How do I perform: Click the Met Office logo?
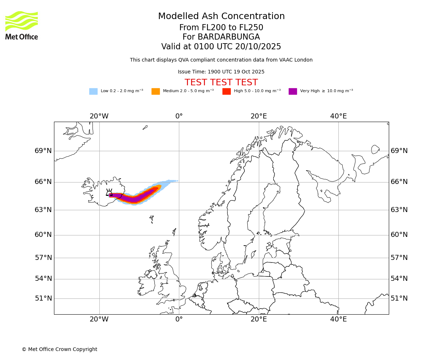coord(22,25)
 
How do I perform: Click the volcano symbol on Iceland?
coord(109,193)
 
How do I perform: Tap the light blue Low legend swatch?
coord(93,91)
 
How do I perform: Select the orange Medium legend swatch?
coord(156,91)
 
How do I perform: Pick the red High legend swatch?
coord(226,91)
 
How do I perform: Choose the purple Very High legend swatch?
coord(293,91)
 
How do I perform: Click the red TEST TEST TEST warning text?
coord(221,83)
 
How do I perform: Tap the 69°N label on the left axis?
coord(43,151)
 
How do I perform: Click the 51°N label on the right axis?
coord(399,298)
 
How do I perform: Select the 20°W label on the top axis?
coord(99,116)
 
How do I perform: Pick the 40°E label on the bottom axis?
coord(338,319)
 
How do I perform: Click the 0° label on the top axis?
coord(179,116)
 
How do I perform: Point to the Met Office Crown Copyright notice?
coord(59,350)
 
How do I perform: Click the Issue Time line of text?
coord(221,72)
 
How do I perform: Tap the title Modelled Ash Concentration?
coord(221,17)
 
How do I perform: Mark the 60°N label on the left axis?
coord(43,235)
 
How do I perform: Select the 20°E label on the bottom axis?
coord(258,319)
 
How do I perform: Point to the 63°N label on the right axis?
coord(399,210)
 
